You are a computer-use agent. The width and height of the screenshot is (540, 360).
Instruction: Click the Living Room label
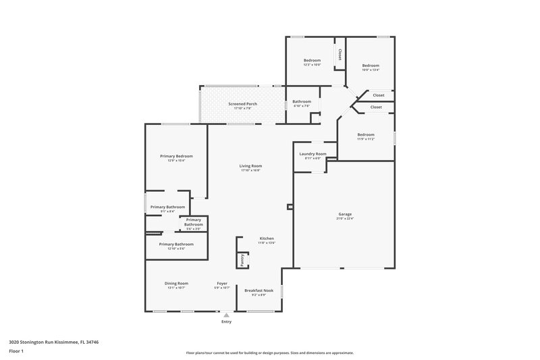(250, 166)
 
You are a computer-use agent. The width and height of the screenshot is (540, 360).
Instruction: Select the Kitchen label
(267, 238)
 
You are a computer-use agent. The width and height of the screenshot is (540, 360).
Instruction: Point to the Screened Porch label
(242, 103)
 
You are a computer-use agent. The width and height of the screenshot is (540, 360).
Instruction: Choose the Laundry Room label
(313, 154)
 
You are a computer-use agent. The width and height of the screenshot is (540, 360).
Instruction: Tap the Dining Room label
(176, 283)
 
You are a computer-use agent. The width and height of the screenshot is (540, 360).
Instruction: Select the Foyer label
(222, 283)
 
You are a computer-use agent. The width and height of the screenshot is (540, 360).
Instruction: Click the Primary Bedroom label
(172, 156)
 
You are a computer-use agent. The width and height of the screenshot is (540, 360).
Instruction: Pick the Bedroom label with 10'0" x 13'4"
(371, 66)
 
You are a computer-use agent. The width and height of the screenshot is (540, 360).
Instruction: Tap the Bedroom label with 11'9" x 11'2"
(365, 134)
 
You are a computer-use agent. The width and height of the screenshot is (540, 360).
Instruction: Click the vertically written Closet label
(340, 54)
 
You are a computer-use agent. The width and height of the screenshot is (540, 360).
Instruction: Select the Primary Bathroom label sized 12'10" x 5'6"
(176, 244)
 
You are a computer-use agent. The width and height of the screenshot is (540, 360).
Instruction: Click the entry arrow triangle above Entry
(226, 314)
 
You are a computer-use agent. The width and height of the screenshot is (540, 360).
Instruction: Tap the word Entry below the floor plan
(226, 322)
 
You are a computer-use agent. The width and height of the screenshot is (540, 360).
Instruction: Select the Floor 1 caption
(17, 351)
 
